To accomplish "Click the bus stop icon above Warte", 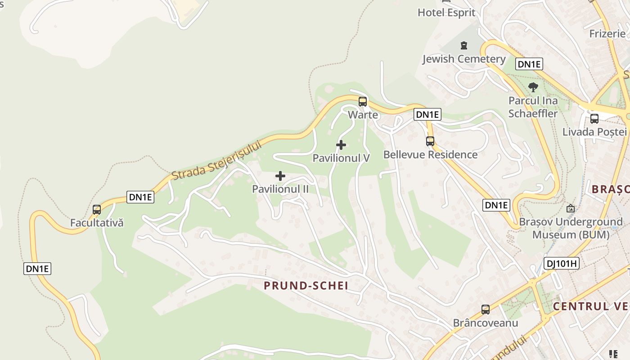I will click(363, 101).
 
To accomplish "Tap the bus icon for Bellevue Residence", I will click(430, 141).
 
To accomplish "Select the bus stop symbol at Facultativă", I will click(97, 209).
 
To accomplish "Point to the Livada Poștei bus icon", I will click(594, 119).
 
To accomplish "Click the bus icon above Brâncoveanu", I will click(486, 310).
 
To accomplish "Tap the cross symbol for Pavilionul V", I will click(341, 145).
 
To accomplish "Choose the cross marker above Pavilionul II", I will click(280, 175).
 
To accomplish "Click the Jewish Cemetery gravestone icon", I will click(463, 45).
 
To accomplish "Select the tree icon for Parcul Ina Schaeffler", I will click(533, 87).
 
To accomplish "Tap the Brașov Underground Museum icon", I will click(571, 208).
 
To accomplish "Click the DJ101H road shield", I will click(561, 264).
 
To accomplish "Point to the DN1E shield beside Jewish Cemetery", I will click(529, 64).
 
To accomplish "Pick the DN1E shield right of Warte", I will click(427, 114).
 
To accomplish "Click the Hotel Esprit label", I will click(446, 13).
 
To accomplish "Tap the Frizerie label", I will click(607, 34).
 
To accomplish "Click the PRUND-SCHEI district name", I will click(306, 285).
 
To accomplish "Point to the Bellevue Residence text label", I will click(430, 155).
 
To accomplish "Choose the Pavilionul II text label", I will click(280, 189).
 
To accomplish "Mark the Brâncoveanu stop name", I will click(486, 323).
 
